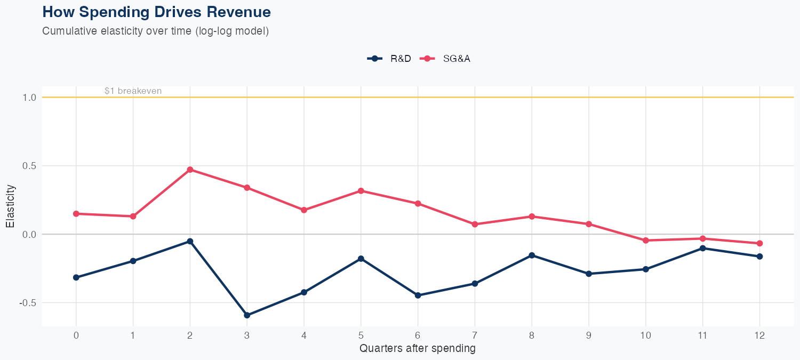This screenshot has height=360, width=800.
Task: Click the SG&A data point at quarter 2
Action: pos(190,170)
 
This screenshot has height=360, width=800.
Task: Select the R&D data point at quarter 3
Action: pos(247,315)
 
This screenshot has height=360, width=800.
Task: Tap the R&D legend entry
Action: pos(390,59)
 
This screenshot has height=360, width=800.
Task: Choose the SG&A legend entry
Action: pos(446,59)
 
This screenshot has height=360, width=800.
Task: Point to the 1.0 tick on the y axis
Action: pos(29,98)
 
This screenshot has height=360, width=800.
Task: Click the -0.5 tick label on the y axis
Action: pos(28,302)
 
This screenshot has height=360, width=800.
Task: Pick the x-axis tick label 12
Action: pos(759,335)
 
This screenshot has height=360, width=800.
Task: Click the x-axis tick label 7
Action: pos(475,335)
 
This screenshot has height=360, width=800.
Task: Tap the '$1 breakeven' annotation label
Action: pos(133,91)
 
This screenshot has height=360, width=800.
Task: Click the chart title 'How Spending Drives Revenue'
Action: pos(156,12)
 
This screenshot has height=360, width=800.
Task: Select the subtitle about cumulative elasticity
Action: pos(155,31)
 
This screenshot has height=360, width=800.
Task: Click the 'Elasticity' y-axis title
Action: pos(10,206)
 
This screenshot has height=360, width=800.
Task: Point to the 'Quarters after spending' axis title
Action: pos(418,349)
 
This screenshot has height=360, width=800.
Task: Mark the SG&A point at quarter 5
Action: pos(361,190)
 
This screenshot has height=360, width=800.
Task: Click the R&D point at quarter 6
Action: pos(418,295)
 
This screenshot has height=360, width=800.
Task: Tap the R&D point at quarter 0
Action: pos(76,277)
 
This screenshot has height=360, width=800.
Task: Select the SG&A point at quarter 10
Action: pos(646,241)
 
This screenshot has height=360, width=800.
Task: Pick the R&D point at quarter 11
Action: pos(702,248)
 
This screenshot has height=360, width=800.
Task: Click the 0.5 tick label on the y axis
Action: pos(29,166)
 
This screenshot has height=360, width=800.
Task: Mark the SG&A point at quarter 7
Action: pos(475,224)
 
